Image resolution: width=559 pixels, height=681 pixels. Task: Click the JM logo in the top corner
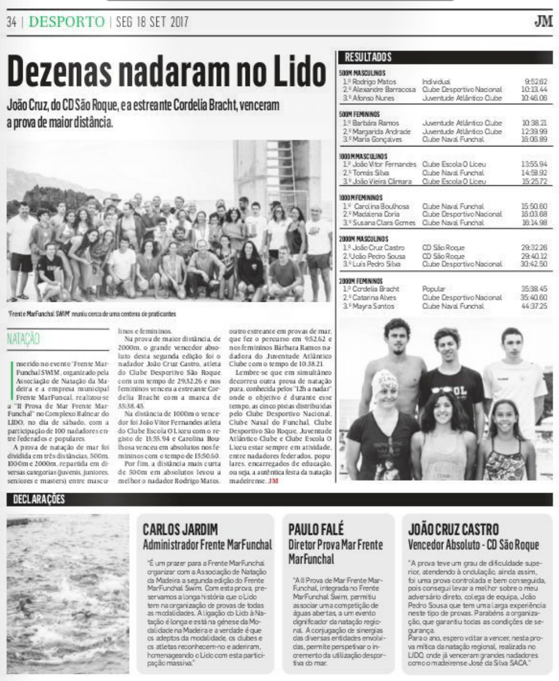point(542,22)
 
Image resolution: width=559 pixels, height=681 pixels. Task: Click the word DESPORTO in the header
point(66,22)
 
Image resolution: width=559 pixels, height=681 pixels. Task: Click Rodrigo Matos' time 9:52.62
point(535,81)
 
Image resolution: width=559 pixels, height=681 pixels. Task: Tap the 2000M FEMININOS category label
point(361,281)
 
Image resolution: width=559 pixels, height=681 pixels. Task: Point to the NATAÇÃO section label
point(23,339)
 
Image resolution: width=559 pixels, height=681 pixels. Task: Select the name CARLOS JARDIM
point(180,529)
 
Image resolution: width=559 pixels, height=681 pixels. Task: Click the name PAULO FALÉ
point(316,529)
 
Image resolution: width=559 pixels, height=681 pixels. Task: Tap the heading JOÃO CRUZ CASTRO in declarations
point(453,529)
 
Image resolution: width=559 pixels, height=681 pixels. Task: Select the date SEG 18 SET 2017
point(152,22)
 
